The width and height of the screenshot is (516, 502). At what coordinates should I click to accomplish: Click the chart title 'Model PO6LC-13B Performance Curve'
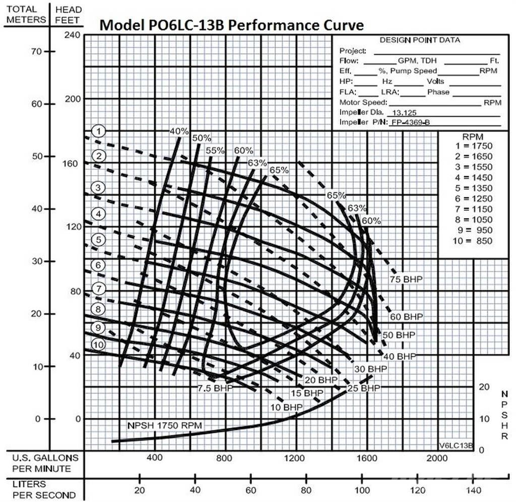[x=231, y=25]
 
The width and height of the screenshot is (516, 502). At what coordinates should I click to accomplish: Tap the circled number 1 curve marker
[x=100, y=132]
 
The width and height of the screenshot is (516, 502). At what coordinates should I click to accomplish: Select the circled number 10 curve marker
[x=98, y=345]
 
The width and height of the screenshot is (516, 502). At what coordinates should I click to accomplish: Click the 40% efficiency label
[x=179, y=131]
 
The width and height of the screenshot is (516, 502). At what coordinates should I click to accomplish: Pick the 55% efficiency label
[x=215, y=150]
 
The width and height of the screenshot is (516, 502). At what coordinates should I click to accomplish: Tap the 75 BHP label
[x=406, y=279]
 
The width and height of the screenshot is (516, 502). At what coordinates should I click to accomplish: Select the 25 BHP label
[x=364, y=388]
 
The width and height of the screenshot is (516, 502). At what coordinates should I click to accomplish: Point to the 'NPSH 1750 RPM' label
[x=165, y=426]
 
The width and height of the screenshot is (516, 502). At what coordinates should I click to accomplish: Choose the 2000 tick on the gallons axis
[x=436, y=458]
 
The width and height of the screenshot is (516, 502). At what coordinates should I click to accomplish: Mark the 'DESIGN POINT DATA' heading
[x=419, y=40]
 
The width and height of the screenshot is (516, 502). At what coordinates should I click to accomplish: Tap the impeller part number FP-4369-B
[x=411, y=123]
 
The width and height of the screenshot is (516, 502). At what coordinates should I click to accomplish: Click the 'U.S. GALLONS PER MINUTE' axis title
[x=45, y=463]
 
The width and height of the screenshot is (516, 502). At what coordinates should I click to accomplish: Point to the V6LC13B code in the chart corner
[x=456, y=445]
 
